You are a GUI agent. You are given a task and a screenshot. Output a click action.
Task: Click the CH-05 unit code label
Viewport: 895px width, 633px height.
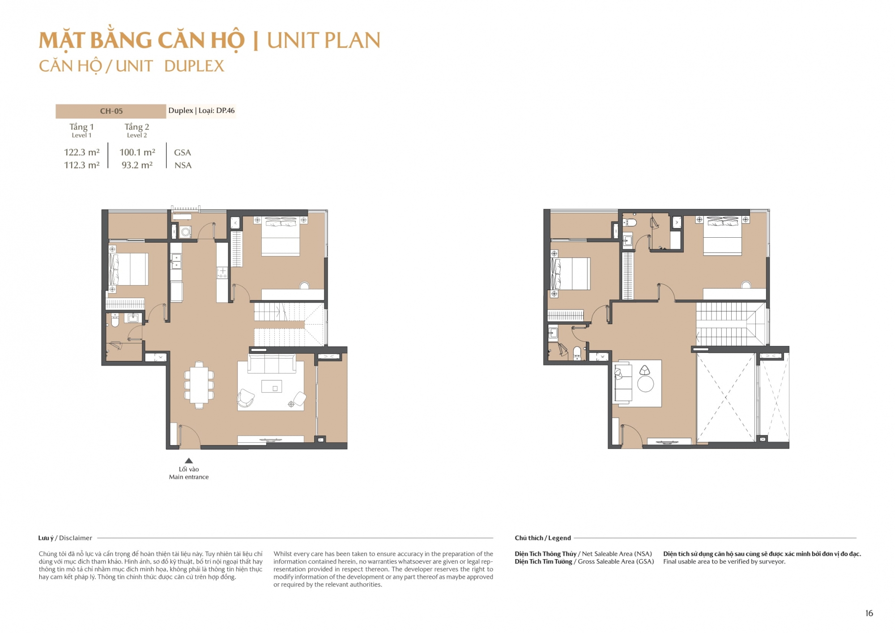(x=111, y=111)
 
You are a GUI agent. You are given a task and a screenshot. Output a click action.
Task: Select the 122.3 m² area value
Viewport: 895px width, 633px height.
(x=82, y=152)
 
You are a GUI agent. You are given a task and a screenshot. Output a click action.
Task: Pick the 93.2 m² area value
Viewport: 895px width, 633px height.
(x=137, y=165)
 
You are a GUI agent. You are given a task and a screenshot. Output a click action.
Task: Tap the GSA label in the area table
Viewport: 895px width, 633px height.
(x=183, y=153)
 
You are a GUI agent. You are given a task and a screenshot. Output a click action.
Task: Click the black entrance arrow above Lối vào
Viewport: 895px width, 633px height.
(x=189, y=461)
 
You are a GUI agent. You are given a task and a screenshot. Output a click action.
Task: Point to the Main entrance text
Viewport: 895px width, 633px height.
(x=189, y=477)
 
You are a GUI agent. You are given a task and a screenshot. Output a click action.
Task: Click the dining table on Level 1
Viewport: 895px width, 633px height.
(x=199, y=385)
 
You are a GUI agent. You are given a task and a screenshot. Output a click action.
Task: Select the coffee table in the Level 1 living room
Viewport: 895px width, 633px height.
(x=272, y=386)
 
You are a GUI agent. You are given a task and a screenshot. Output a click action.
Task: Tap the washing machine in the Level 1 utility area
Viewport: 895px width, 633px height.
(x=186, y=232)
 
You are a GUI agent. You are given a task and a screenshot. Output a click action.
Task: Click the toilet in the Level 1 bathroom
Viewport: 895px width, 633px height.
(x=115, y=320)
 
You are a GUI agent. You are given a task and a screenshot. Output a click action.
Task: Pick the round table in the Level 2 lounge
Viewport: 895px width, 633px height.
(x=645, y=384)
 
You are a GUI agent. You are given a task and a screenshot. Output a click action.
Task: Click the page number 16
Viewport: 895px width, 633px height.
(x=869, y=613)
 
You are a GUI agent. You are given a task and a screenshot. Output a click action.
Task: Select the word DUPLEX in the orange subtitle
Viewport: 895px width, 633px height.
(x=194, y=66)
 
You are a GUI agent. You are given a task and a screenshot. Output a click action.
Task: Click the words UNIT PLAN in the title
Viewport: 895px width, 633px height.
(x=324, y=40)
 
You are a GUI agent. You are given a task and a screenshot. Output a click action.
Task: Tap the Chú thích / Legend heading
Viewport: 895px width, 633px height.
(x=543, y=538)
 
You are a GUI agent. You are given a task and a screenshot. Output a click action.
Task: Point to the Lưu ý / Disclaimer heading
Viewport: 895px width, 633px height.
(x=65, y=538)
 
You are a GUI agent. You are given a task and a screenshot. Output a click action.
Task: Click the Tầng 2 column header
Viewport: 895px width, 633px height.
(x=137, y=127)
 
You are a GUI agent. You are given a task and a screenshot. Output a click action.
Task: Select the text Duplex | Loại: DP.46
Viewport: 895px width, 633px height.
(x=201, y=111)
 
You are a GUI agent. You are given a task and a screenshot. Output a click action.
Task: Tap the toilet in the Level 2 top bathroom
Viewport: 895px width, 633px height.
(x=631, y=222)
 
